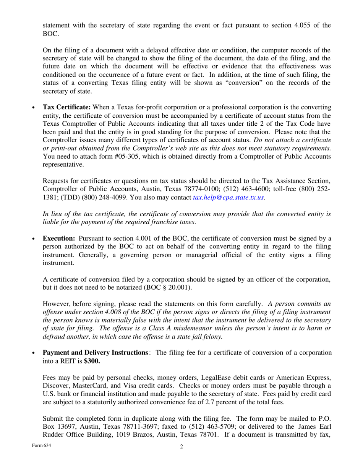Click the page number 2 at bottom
[x=181, y=447]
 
